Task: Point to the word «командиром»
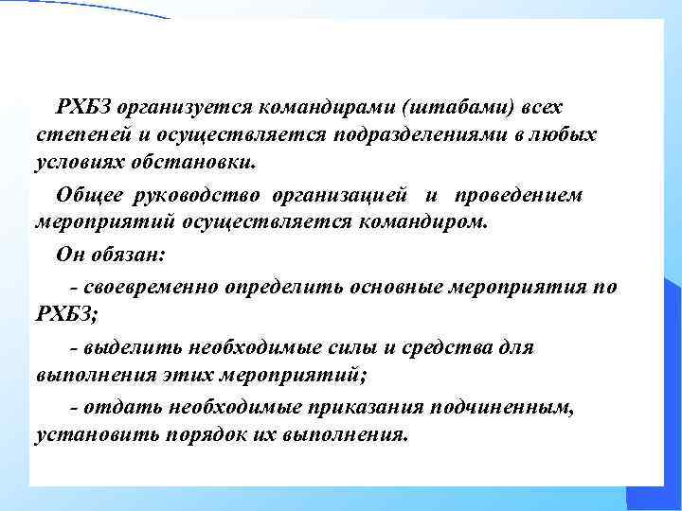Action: (x=434, y=223)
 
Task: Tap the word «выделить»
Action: (x=123, y=347)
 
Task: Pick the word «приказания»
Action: (x=363, y=408)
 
